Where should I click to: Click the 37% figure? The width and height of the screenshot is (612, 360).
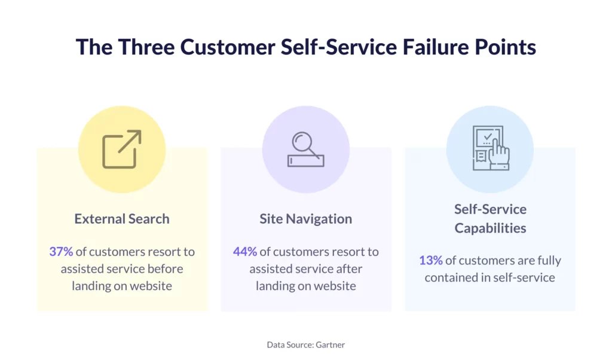tap(61, 251)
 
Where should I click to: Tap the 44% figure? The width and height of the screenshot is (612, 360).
tap(244, 251)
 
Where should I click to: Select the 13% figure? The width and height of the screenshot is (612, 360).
tap(431, 260)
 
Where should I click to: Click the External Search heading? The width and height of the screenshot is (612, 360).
tap(122, 219)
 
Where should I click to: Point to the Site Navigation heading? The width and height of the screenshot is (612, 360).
tap(305, 219)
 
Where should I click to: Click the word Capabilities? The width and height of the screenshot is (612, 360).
tap(490, 228)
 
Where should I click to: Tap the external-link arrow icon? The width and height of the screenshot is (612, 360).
tap(122, 149)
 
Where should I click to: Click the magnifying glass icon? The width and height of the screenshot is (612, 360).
tap(305, 150)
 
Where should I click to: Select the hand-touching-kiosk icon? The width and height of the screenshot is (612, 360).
tap(491, 148)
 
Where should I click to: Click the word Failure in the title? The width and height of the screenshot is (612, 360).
tap(435, 47)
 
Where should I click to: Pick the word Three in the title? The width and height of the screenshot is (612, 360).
tap(146, 47)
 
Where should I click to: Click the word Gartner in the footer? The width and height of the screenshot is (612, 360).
tap(330, 345)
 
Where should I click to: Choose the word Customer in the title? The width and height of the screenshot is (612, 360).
tap(228, 47)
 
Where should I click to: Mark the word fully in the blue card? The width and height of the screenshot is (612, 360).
tap(549, 261)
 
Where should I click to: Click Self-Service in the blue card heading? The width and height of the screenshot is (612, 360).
tap(490, 209)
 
